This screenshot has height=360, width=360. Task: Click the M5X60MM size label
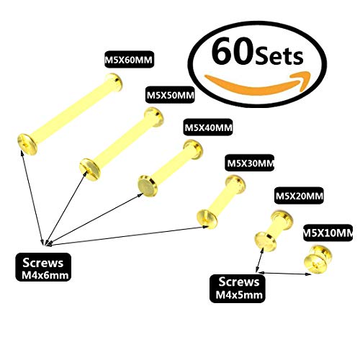coord(129,59)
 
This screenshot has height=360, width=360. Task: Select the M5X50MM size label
coord(170,95)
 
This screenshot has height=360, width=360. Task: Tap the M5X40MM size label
coord(208,127)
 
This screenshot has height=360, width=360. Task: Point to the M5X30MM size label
coord(250,163)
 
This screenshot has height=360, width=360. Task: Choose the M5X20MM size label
coord(299,196)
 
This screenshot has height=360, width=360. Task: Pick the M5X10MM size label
coord(328,233)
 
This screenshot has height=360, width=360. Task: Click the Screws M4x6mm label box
coord(43,267)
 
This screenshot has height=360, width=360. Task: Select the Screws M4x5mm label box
coord(238,289)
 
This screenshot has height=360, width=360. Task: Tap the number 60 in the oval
coord(233,52)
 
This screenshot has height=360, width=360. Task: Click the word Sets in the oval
coord(279,56)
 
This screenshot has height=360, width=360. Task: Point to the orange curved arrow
coord(258,82)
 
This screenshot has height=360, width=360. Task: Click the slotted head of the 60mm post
coord(27,144)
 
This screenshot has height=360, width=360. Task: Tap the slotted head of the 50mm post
coord(90,169)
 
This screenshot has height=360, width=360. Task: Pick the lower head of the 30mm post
coord(207,219)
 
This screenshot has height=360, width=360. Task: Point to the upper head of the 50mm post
coord(154,117)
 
